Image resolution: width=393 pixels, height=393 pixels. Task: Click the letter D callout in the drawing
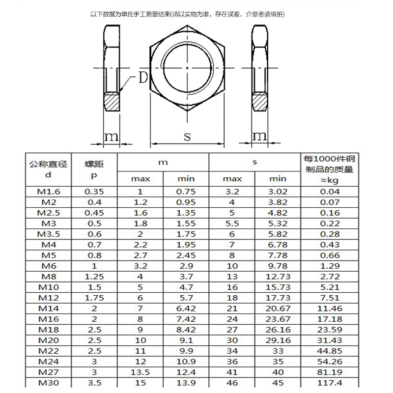pyautogui.click(x=143, y=78)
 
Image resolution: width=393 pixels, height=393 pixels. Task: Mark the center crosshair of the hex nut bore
pyautogui.click(x=187, y=67)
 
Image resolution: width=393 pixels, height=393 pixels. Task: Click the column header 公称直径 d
pyautogui.click(x=48, y=169)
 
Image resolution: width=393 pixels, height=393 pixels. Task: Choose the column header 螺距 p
pyautogui.click(x=94, y=169)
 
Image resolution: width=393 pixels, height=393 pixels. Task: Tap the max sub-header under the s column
pyautogui.click(x=232, y=179)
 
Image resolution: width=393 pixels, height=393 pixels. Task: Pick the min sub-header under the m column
pyautogui.click(x=186, y=179)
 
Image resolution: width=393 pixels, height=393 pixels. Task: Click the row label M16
pyautogui.click(x=48, y=319)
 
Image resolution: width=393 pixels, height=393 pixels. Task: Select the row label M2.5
pyautogui.click(x=48, y=213)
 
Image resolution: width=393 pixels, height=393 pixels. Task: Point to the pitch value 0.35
pyautogui.click(x=94, y=192)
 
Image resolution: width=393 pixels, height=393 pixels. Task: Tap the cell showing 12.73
pyautogui.click(x=278, y=277)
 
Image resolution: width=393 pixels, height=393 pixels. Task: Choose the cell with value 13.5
pyautogui.click(x=140, y=372)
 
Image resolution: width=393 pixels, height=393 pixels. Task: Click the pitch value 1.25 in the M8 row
pyautogui.click(x=94, y=277)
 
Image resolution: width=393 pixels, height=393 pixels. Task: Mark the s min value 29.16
pyautogui.click(x=278, y=340)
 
